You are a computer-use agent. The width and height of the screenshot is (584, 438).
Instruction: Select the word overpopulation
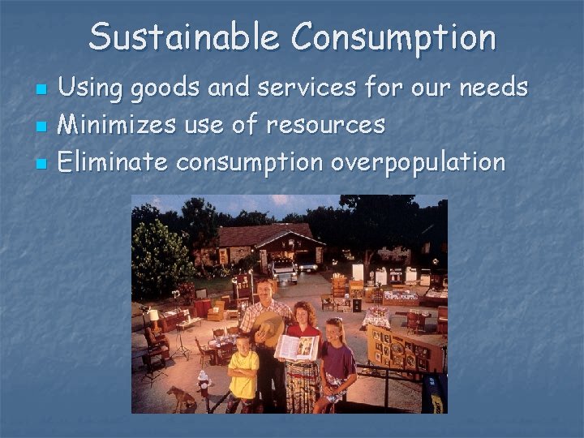(418, 163)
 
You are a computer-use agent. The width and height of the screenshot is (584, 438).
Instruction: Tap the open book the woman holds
(296, 348)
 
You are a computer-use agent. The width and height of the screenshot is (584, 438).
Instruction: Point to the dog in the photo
(180, 397)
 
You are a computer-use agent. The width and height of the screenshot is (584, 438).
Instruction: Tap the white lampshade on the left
(152, 315)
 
